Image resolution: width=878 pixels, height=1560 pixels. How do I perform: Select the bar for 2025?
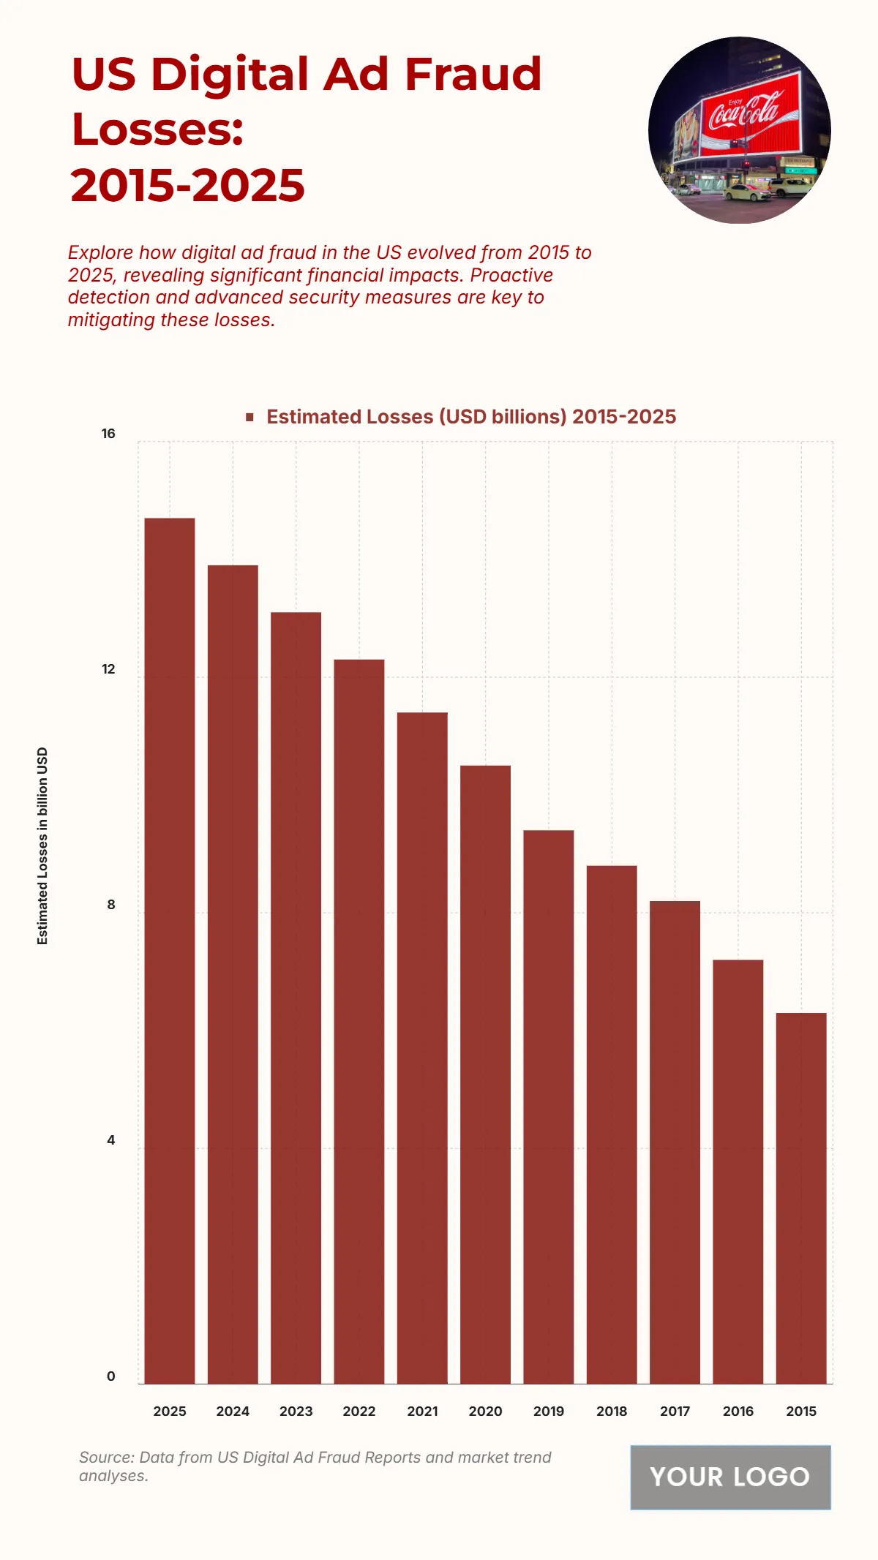(x=170, y=951)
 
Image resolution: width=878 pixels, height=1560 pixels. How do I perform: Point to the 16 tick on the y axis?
(x=108, y=434)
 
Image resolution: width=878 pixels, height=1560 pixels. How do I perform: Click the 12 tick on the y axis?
(x=108, y=669)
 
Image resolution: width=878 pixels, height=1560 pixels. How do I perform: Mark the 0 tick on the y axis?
(x=111, y=1376)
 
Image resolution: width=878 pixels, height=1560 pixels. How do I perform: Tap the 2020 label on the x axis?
(x=485, y=1412)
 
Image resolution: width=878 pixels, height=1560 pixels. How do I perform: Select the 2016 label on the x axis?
(x=738, y=1412)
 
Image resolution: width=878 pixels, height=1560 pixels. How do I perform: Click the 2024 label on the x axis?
(x=233, y=1412)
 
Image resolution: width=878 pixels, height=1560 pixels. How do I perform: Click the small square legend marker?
(x=250, y=417)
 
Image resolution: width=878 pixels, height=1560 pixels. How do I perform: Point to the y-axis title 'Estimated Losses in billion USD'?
(x=42, y=845)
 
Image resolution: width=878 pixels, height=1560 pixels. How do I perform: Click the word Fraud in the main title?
(x=473, y=75)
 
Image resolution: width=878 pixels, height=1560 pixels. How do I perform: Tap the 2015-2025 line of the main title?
(x=187, y=186)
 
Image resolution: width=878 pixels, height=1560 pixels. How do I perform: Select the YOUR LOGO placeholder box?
(x=730, y=1477)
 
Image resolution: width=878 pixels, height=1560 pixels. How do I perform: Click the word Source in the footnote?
(x=106, y=1457)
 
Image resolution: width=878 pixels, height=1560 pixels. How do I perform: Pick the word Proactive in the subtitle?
(x=511, y=275)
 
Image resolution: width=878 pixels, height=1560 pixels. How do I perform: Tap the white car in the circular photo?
(x=746, y=192)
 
